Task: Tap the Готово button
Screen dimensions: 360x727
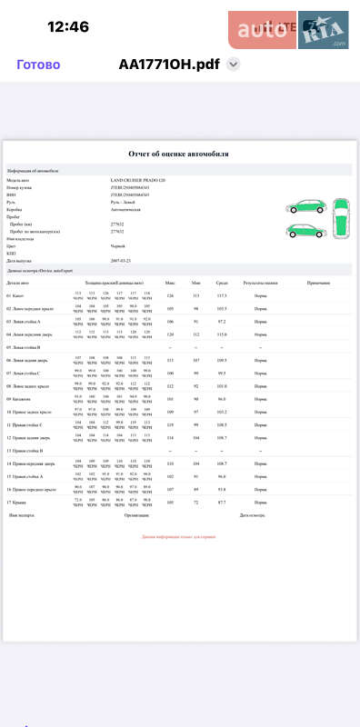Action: (39, 65)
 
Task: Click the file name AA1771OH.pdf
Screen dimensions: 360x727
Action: (169, 65)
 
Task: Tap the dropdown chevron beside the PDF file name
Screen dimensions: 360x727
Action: (234, 65)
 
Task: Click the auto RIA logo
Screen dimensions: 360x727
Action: (293, 32)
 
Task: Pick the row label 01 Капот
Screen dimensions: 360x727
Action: (16, 295)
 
